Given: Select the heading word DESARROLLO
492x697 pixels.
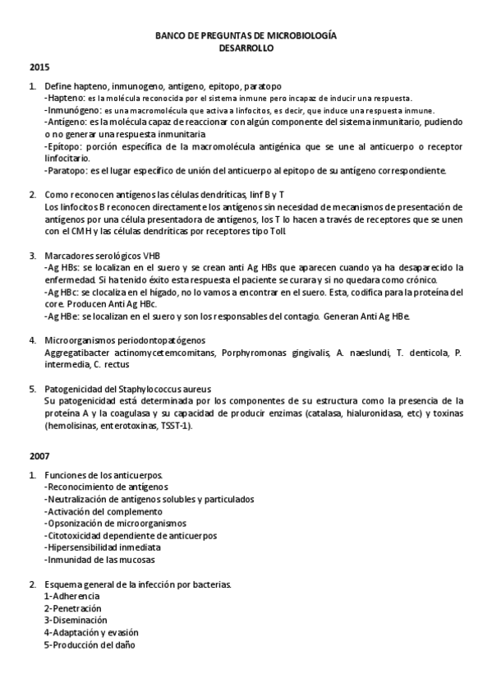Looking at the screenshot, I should (246, 48).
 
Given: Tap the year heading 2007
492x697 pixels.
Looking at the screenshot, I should (39, 455).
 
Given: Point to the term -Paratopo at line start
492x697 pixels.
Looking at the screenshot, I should (65, 171).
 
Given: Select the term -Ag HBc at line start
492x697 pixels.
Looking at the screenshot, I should (62, 292).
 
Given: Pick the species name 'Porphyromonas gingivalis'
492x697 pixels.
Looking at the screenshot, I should (277, 353).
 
